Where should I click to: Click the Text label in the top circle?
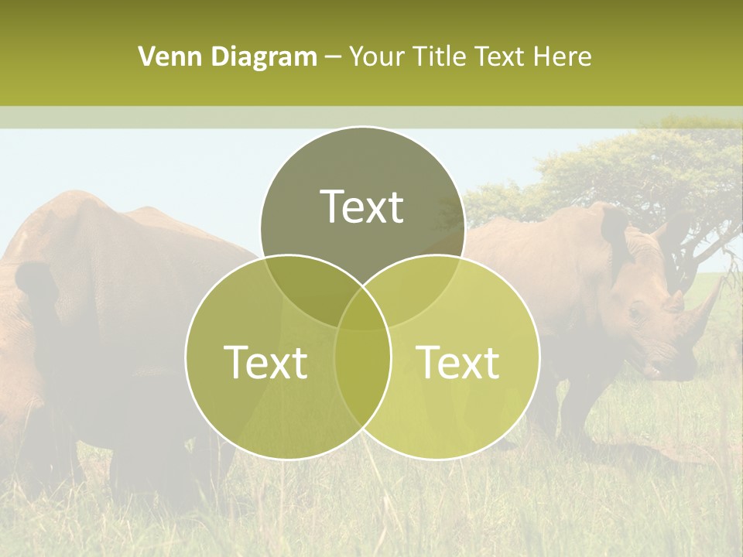[362, 207]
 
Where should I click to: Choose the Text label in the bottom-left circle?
[265, 362]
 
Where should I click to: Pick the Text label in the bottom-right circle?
[457, 362]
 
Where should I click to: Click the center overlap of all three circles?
[362, 309]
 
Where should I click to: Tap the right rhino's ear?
[615, 228]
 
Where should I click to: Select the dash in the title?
[334, 57]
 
